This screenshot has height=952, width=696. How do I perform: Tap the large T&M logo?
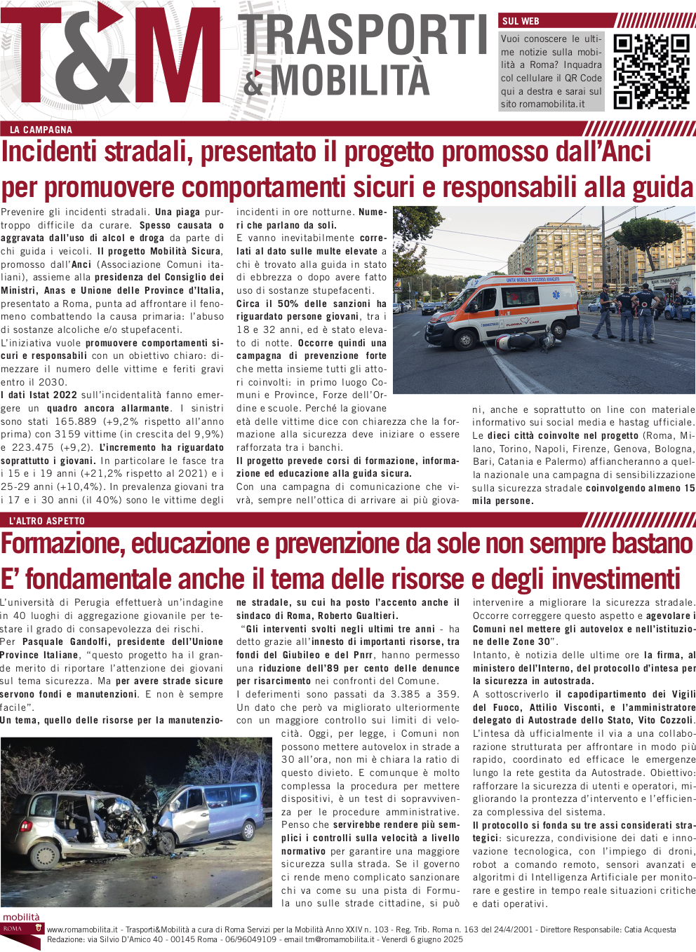(112, 62)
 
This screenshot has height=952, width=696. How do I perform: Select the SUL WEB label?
(521, 21)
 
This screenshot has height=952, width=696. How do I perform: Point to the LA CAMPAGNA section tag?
(41, 130)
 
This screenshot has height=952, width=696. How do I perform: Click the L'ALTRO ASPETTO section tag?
(47, 521)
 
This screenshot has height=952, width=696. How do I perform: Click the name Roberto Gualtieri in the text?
(357, 616)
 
